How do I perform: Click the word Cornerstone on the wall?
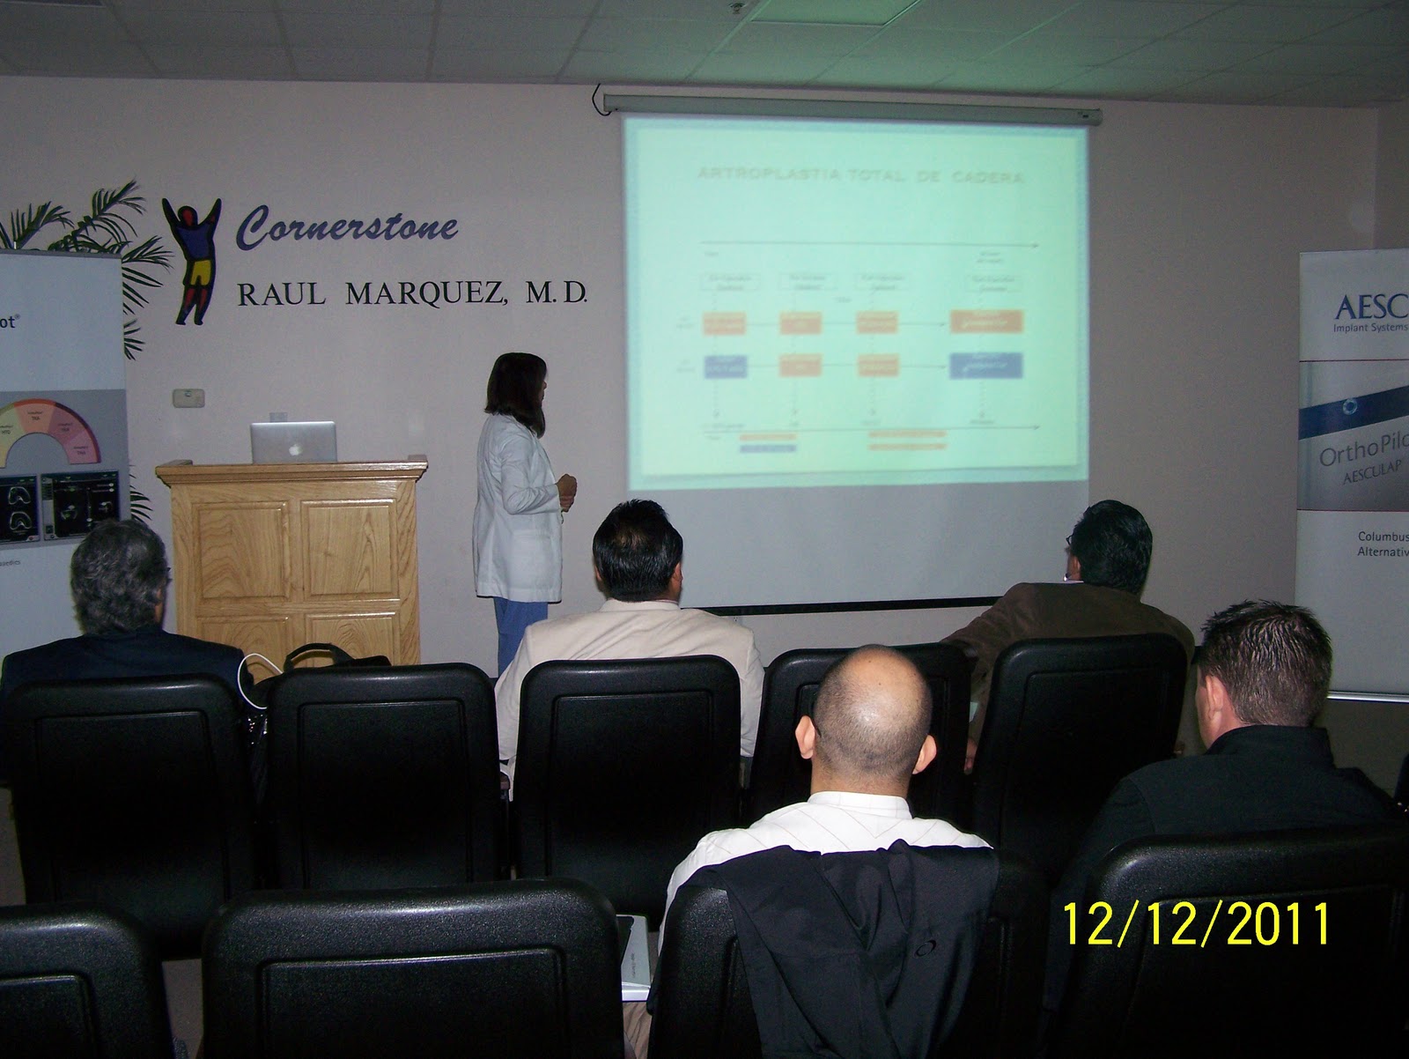348,227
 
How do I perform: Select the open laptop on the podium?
293,441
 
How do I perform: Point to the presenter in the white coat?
520,493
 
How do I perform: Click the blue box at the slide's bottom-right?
985,365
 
